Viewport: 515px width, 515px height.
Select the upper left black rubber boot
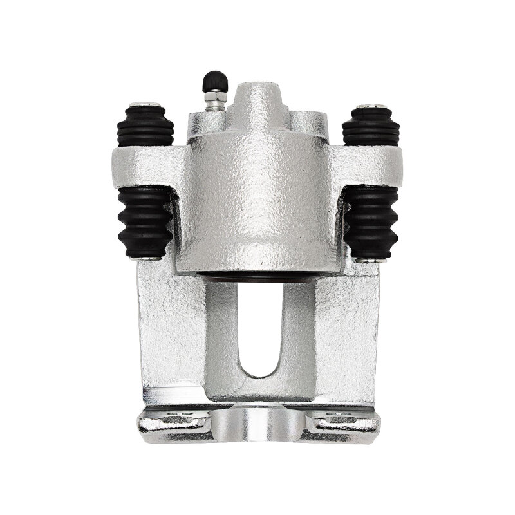(145, 126)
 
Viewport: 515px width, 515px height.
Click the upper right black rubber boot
(370, 126)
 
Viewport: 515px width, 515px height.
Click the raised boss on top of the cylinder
(257, 97)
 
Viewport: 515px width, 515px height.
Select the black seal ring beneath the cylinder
(257, 276)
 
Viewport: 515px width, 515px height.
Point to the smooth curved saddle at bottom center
(257, 428)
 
